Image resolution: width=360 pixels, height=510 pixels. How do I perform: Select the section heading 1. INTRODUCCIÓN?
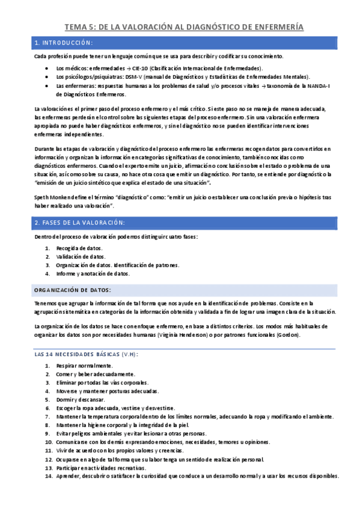click(x=64, y=43)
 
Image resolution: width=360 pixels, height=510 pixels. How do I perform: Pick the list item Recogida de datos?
click(x=79, y=248)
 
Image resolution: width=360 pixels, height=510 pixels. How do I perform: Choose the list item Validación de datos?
click(x=80, y=256)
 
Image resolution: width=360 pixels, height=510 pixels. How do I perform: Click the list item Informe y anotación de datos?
click(x=93, y=273)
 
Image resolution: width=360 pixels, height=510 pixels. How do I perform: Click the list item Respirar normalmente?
click(x=84, y=366)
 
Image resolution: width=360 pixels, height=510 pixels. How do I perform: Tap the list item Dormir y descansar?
click(x=81, y=399)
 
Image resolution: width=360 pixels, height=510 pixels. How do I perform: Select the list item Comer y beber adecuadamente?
click(x=94, y=374)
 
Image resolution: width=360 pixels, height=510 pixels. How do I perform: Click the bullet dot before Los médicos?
click(x=48, y=69)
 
